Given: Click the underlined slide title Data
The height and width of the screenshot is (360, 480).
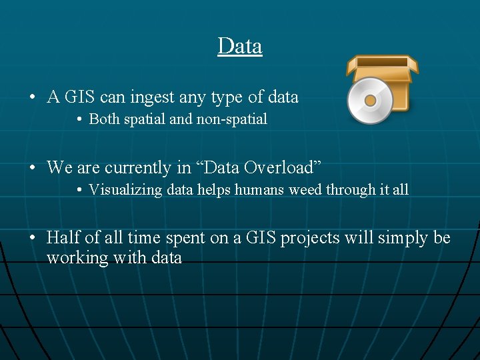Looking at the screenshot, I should [x=240, y=46].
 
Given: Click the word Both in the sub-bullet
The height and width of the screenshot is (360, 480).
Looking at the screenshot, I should [x=104, y=119].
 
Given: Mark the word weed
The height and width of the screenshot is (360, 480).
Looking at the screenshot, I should [x=307, y=189].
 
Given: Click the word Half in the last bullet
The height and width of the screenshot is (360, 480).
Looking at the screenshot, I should [x=62, y=238].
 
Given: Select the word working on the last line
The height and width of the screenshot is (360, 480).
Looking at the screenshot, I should [x=72, y=258].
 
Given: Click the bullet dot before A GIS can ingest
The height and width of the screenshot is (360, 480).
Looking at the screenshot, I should [x=32, y=98].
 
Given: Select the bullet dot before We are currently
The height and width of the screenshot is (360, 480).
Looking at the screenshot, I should [x=32, y=167].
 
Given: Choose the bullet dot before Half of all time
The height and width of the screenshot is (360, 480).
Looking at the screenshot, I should [x=32, y=239].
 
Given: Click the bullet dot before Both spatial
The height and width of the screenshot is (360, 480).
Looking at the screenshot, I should [x=79, y=120].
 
